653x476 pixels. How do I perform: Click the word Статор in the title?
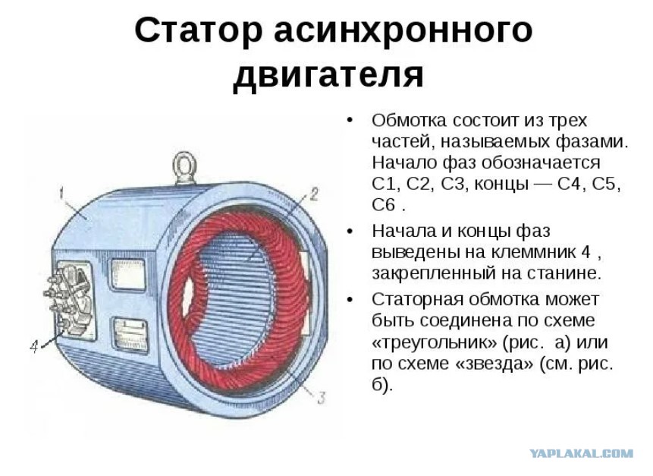[199, 30]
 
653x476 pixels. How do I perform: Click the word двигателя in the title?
[328, 75]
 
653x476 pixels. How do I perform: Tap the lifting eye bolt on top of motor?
[184, 168]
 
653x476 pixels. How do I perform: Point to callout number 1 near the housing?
[61, 194]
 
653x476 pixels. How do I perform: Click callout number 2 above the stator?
[314, 194]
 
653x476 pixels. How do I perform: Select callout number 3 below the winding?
[321, 398]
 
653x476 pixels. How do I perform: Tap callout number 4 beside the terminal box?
[35, 346]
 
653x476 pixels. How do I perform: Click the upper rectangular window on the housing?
[127, 274]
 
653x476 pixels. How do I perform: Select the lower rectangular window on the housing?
[130, 336]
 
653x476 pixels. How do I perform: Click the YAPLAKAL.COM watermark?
[582, 453]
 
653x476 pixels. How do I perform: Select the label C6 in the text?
[384, 205]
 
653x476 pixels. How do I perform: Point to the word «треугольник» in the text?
[434, 342]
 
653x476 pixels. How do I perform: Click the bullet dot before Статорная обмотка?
[350, 300]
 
